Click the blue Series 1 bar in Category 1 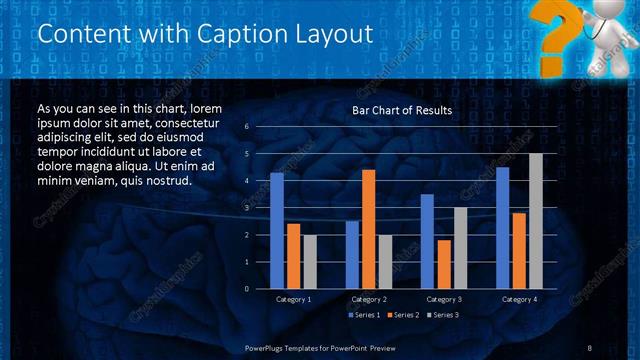tap(277, 231)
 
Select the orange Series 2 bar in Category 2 tap(368, 229)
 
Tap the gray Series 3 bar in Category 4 tap(535, 221)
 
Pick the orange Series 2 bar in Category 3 tap(443, 264)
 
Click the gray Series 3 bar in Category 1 tap(309, 262)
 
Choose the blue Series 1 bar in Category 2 tap(352, 255)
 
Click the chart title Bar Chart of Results tap(402, 110)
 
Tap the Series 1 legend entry tap(364, 316)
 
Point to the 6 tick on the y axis tap(246, 127)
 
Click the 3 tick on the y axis tap(246, 208)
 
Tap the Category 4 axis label tap(518, 299)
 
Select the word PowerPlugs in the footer tap(271, 347)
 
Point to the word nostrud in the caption tap(167, 181)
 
